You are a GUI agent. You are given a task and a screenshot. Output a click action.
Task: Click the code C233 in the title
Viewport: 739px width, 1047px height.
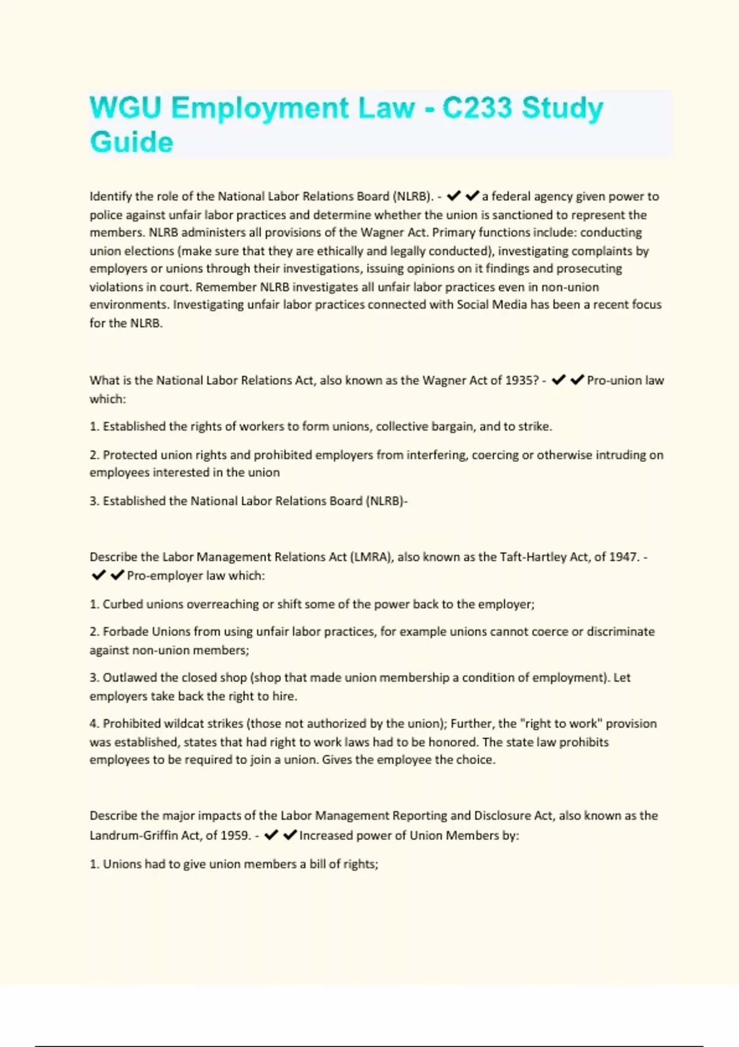coord(477,108)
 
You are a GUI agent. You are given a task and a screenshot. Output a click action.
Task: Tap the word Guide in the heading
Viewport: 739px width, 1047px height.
coord(131,142)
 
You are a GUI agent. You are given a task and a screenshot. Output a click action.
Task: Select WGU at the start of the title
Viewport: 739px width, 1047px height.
coord(125,108)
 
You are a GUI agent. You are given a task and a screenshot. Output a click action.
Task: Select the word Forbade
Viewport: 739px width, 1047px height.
coord(126,632)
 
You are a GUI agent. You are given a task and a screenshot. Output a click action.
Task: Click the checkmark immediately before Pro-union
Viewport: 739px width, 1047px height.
coord(577,381)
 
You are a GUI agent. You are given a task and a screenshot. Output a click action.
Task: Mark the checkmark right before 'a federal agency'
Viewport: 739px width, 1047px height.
coord(472,196)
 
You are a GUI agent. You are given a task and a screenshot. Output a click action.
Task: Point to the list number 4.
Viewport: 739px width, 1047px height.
coord(94,724)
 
